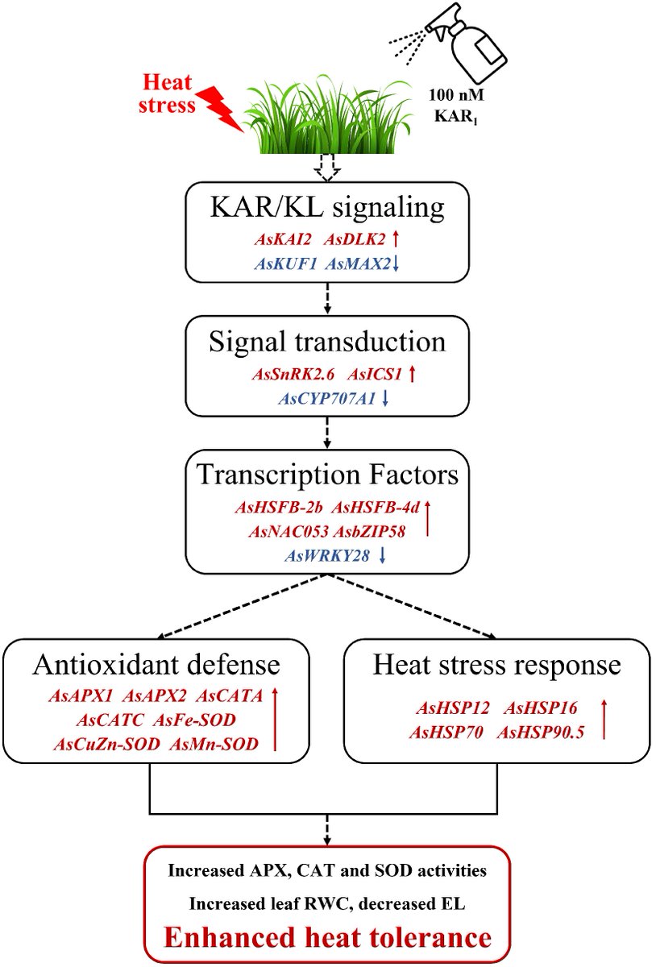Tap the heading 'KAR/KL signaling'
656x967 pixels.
tap(328, 207)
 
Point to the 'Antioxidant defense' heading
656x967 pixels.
tap(156, 666)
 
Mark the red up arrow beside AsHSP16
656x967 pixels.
tap(604, 720)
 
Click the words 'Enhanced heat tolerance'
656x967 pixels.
tap(327, 937)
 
